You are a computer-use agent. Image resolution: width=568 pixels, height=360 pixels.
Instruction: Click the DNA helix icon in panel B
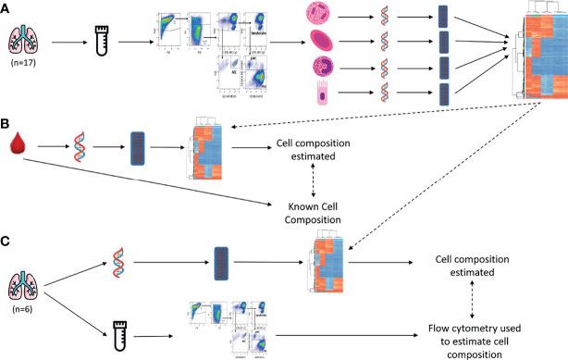point(76,146)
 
